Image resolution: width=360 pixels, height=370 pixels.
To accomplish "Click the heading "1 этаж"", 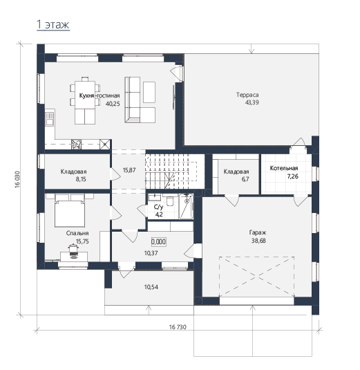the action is pos(53,24).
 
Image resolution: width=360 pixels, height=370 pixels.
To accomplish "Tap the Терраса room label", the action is pos(247,95).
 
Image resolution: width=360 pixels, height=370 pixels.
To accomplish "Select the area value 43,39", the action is pos(252,102).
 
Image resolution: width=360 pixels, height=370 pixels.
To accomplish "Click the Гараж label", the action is pos(258,232).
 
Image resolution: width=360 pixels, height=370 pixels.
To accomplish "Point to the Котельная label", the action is pos(284,168).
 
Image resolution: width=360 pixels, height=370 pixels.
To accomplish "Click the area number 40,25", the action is pos(113,104).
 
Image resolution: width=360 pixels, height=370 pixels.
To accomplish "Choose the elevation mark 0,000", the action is pos(158,241).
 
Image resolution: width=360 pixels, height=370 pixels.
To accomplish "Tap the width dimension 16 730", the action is pos(178,327).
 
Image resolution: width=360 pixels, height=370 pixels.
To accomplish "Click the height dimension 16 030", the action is pos(18,179).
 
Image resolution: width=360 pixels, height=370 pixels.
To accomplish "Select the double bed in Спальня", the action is pos(70,210).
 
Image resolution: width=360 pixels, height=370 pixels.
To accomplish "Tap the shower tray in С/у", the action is pos(186,207).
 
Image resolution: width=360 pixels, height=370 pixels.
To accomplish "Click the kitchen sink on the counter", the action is pos(50,119).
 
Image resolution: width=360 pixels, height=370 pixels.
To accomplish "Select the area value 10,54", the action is pos(151,287).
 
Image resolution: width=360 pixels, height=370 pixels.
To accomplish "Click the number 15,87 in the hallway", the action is pos(129,170).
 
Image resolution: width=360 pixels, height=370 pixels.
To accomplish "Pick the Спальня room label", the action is pos(77,233).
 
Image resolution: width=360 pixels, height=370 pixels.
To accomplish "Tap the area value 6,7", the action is pos(245,179).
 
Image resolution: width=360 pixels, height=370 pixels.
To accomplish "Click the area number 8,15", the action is pos(81,179).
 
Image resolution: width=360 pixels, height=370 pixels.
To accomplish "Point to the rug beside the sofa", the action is pos(149,92).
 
